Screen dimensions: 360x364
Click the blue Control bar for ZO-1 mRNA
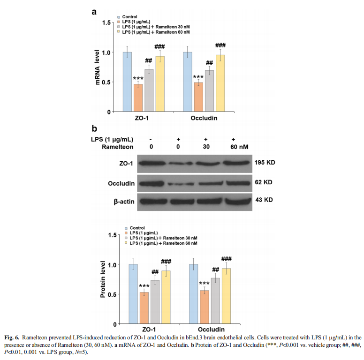coord(127,82)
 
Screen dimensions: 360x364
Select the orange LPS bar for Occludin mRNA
coord(198,97)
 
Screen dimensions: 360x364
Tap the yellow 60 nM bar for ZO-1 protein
coord(166,297)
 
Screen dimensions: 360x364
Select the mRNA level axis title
coord(98,67)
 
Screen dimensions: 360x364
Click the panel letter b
coord(94,128)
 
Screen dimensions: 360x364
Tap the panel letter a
coord(94,12)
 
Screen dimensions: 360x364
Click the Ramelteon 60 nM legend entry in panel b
coord(160,244)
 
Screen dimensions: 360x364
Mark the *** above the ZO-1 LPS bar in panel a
coord(138,78)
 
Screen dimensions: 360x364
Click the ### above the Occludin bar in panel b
coord(226,259)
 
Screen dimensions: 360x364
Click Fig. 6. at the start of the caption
coord(13,337)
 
